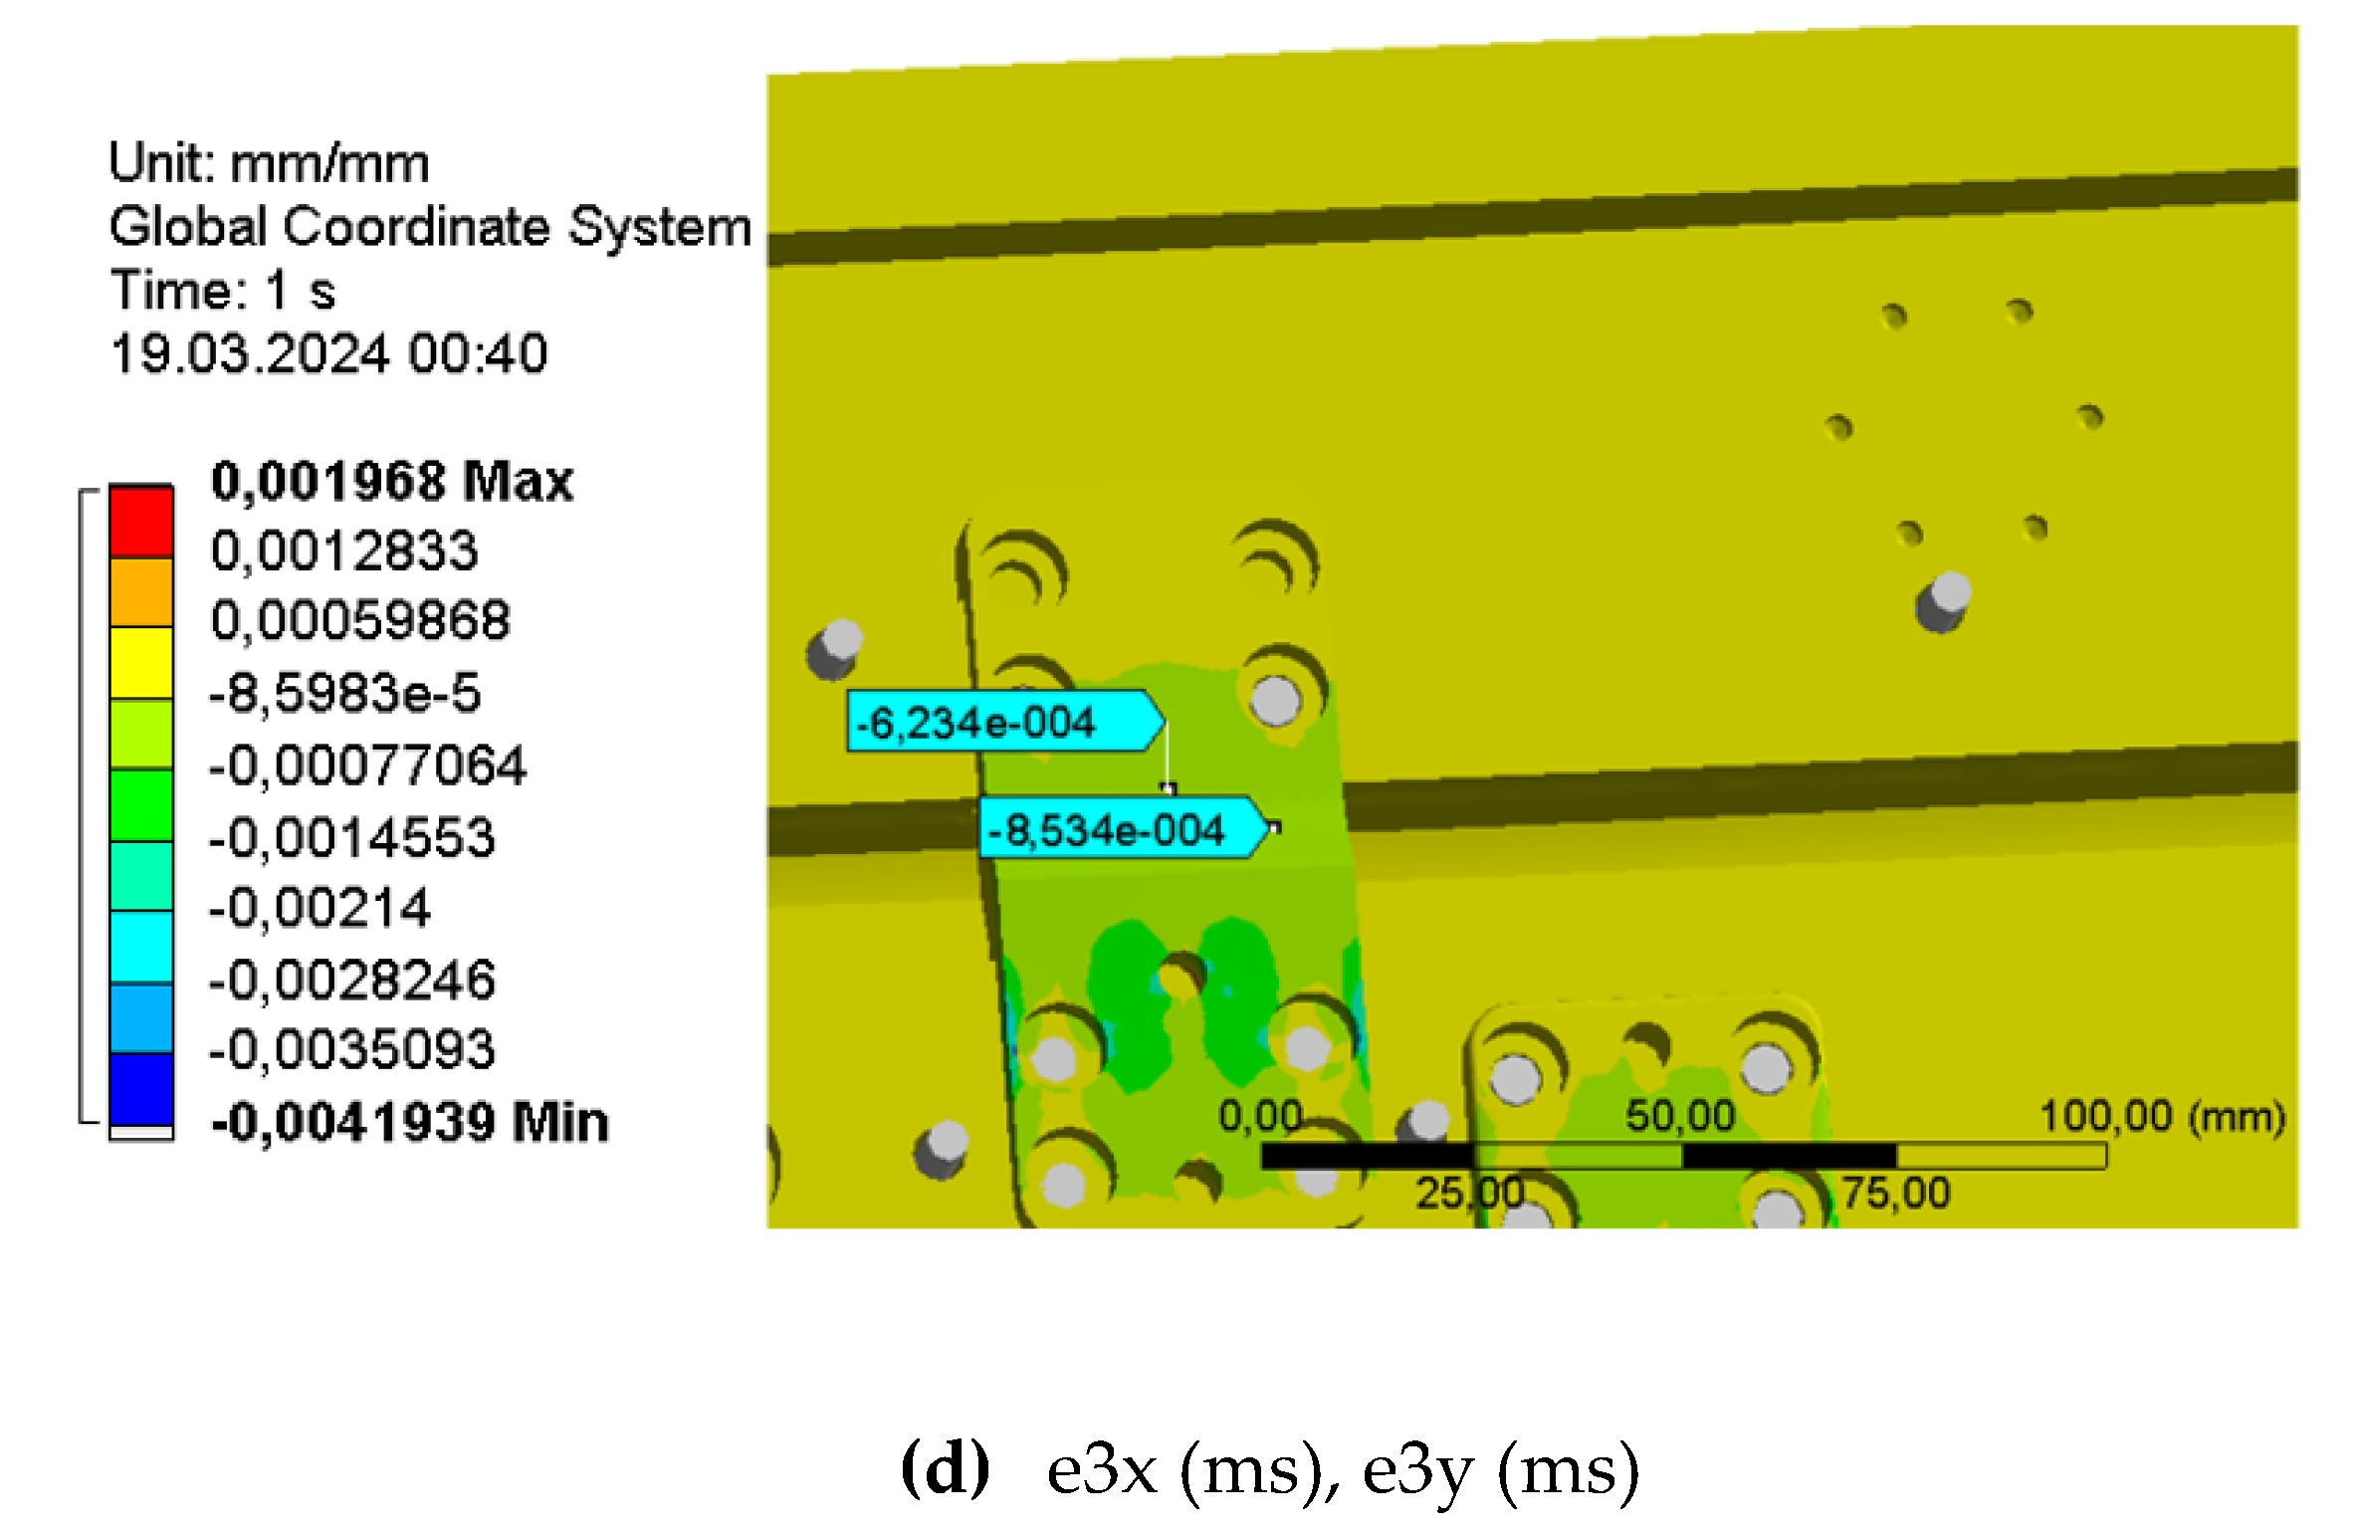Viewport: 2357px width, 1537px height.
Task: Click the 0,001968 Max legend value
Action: [392, 481]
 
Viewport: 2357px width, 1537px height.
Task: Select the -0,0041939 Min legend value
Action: [409, 1122]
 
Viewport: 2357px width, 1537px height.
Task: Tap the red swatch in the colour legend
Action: [141, 521]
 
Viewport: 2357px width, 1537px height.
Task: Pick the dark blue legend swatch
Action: [141, 1090]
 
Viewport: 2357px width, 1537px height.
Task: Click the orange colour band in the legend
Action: [141, 592]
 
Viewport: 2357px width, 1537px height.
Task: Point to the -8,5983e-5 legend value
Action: [344, 693]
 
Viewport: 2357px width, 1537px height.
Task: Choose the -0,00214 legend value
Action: [320, 908]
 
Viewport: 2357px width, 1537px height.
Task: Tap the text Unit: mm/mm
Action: [269, 163]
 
